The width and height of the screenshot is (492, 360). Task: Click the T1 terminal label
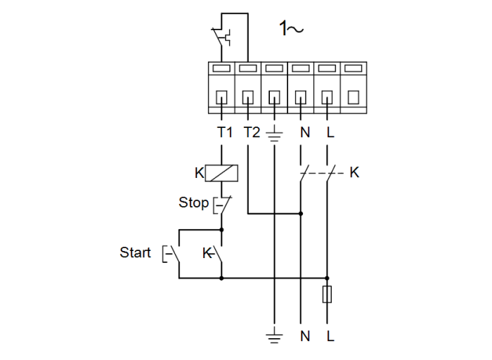[224, 132]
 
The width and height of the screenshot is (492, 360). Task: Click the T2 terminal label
[251, 132]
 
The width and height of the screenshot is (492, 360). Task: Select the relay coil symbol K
[224, 172]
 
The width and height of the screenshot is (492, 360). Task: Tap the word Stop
[193, 202]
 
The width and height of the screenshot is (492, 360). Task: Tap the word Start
[135, 252]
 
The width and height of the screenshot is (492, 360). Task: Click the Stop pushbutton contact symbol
[221, 205]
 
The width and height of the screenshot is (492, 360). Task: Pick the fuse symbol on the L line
[327, 295]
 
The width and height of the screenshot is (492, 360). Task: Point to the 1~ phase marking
[291, 29]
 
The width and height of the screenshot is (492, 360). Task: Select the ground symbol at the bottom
[273, 336]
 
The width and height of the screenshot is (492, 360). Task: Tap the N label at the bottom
[304, 337]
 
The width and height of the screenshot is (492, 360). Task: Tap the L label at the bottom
[330, 337]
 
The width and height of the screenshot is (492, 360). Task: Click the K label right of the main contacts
[354, 172]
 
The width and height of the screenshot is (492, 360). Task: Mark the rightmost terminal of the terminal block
[354, 88]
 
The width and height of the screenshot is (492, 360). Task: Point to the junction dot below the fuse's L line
[327, 278]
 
